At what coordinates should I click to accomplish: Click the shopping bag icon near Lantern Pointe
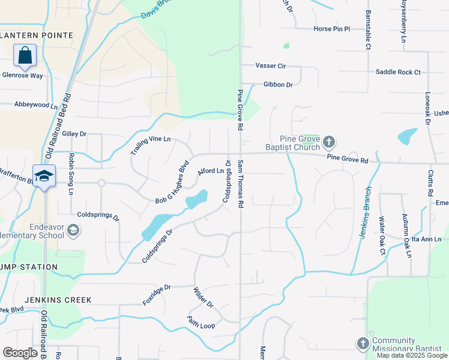(25, 56)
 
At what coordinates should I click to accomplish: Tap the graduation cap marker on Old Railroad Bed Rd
(44, 176)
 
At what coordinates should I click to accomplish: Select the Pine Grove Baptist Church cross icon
(328, 142)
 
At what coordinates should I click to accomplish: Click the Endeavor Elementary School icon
(73, 230)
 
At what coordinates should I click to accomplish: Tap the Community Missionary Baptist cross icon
(363, 343)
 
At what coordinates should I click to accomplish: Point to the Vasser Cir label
(270, 65)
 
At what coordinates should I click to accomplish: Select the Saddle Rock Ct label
(398, 72)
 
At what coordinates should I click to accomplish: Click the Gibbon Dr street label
(277, 85)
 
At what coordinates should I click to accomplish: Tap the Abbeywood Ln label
(36, 104)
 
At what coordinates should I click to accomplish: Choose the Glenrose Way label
(23, 76)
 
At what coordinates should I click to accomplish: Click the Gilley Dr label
(74, 134)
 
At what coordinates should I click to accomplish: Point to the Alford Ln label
(211, 171)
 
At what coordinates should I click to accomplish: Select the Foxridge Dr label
(157, 295)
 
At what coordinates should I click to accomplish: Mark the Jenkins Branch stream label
(366, 212)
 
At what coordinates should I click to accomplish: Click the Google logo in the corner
(20, 353)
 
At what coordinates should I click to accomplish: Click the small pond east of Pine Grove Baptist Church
(408, 136)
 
